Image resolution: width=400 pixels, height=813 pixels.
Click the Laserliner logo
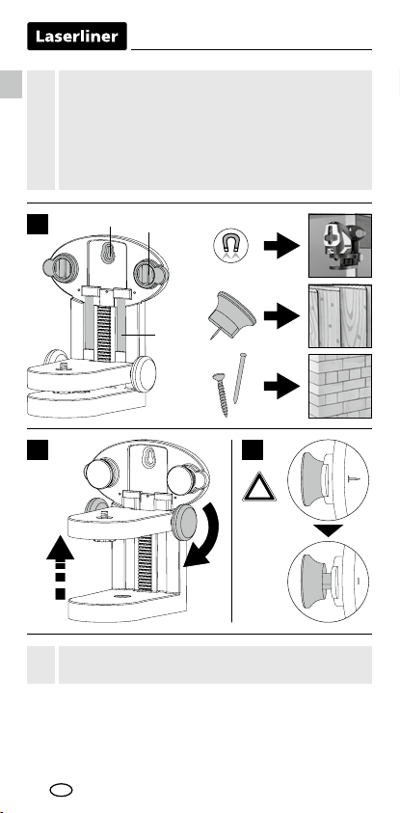[x=77, y=37]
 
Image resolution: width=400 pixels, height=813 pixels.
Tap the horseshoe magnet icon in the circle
[x=230, y=245]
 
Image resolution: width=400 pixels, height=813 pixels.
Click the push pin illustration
[x=230, y=314]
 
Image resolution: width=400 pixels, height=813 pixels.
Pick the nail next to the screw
[x=239, y=378]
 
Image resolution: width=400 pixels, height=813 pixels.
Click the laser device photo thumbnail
[x=340, y=245]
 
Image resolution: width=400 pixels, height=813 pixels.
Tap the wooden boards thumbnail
[x=340, y=315]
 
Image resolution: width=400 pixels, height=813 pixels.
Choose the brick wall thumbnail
[x=340, y=386]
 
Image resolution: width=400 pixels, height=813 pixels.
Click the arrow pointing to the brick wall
[x=281, y=387]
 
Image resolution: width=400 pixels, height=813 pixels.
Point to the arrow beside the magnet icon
[x=281, y=246]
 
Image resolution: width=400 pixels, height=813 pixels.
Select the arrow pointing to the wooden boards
[x=281, y=315]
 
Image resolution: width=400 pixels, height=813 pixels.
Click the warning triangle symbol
[x=259, y=487]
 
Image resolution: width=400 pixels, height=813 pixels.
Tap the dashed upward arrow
[x=60, y=568]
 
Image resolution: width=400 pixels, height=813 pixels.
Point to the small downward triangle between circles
[x=328, y=530]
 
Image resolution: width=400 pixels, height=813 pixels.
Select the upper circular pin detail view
[x=328, y=480]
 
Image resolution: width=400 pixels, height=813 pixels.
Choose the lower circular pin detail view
[x=328, y=582]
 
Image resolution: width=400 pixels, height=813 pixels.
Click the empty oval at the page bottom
[x=61, y=790]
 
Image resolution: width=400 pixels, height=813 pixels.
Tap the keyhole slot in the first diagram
[x=108, y=253]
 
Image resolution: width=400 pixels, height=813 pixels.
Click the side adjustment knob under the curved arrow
[x=184, y=524]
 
